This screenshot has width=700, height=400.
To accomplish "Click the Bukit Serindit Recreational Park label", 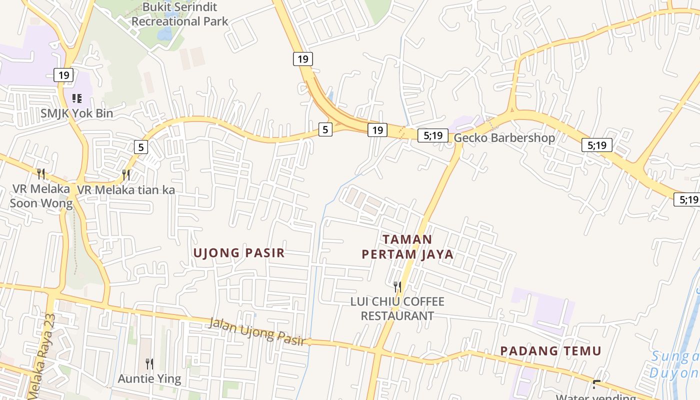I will point(179,14).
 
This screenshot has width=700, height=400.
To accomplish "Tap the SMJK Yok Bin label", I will point(76,113).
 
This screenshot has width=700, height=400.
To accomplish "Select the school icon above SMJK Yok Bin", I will point(76,98).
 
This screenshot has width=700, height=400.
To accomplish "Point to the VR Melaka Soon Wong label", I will point(41,196).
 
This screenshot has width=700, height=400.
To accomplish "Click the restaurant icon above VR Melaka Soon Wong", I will point(41,174).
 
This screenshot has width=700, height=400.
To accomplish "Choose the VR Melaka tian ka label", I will point(125,190).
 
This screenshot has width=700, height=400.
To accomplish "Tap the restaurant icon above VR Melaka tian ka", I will point(126,174).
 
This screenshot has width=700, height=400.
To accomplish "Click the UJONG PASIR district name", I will point(239,253).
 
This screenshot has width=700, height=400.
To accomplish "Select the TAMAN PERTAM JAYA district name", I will point(407,247).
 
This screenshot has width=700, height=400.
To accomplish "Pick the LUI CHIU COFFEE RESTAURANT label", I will point(397,308).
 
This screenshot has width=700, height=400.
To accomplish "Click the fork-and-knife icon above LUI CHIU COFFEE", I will point(397,286).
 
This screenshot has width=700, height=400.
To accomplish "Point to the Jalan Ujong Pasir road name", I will point(257,331).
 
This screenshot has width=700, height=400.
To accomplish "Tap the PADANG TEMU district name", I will point(550,351).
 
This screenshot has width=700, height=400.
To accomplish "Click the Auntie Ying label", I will point(149,378).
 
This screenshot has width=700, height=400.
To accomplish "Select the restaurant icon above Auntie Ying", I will point(149,363).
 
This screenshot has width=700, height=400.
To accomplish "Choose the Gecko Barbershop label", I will point(504,138).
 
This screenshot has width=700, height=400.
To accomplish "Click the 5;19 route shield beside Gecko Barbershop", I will point(432,135).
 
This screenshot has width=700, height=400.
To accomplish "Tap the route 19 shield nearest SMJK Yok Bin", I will point(63,75).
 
